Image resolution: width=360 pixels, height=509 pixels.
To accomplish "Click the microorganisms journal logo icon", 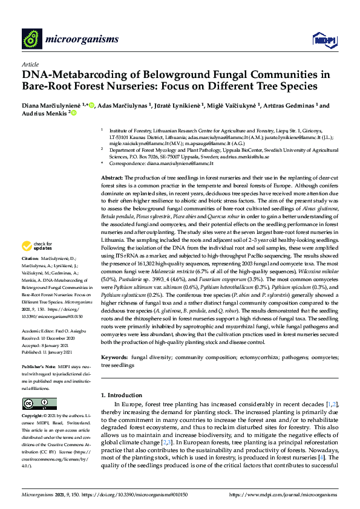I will pos(31,39).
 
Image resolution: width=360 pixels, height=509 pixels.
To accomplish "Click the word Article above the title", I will pos(29,63).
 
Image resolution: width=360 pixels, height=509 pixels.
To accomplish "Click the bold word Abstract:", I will pos(111,175).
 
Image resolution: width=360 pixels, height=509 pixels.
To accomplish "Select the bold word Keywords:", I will pos(114,358).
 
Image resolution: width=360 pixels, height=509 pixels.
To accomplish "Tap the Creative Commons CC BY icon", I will pos(31,404).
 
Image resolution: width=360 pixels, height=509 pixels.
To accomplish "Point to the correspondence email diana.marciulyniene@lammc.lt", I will pos(180,163).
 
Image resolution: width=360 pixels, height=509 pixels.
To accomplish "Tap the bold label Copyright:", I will pos(34,416).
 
